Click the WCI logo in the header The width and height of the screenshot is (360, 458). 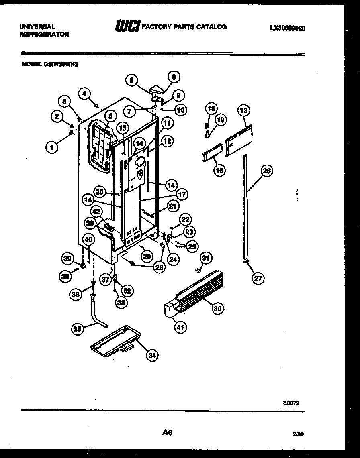(x=127, y=27)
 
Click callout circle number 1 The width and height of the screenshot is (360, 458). (x=51, y=147)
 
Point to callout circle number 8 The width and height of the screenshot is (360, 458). (x=174, y=77)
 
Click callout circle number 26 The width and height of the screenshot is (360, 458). (x=266, y=171)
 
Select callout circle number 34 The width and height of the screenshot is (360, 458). (x=151, y=355)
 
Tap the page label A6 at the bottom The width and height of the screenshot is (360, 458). (x=168, y=432)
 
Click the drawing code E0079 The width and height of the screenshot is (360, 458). (x=290, y=403)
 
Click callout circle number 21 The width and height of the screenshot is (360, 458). (x=172, y=206)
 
